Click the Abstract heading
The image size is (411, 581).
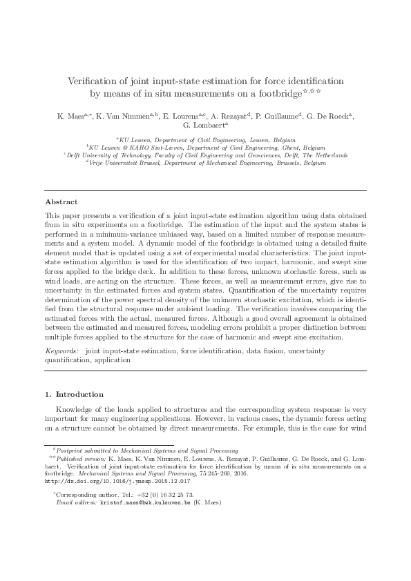[61, 201]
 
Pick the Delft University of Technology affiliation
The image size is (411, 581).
[205, 155]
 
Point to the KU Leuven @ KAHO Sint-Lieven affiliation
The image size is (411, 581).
[205, 147]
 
